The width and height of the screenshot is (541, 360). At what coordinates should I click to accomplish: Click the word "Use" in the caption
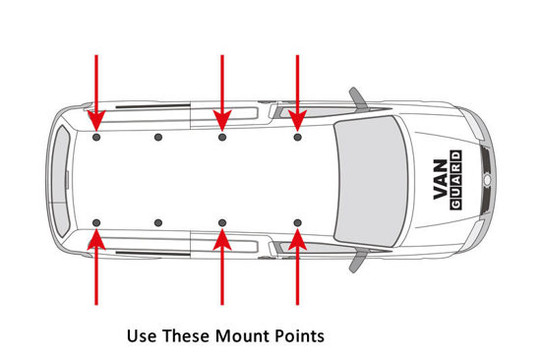point(139,335)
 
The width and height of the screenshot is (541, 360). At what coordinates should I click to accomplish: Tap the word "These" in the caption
point(186,335)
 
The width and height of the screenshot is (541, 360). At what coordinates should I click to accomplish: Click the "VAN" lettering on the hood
point(441,179)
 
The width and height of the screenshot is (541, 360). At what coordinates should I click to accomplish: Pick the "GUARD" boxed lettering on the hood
point(455,180)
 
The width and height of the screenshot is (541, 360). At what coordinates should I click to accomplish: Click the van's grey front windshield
point(371,181)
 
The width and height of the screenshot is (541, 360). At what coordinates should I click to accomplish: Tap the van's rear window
point(61,181)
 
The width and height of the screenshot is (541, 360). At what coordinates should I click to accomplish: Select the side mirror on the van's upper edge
point(358,97)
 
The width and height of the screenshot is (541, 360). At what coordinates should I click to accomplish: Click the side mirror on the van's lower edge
point(358,262)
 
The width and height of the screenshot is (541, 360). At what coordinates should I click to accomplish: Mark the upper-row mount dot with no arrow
point(158,138)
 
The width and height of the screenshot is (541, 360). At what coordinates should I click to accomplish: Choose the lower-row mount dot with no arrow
point(158,222)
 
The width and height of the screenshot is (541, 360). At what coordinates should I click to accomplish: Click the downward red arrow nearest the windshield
point(297,92)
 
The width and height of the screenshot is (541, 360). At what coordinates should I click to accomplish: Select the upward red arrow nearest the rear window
point(96,267)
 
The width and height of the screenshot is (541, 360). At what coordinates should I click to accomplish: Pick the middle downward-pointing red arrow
point(222,92)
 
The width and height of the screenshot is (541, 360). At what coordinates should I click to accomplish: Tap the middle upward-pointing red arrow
point(222,267)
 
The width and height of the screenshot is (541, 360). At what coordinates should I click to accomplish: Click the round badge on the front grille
point(487,180)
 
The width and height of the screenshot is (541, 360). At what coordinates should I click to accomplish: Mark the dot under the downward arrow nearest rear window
point(96,138)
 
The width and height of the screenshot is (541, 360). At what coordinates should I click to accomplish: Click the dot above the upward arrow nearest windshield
point(298,222)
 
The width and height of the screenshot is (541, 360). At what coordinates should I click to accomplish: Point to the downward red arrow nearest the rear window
point(96,92)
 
